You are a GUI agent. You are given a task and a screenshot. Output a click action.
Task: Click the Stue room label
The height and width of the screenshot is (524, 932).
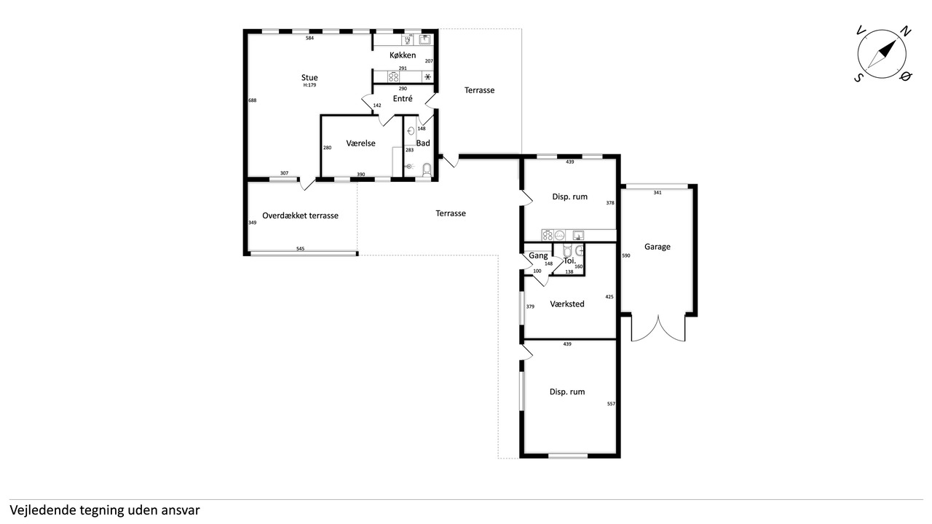pyautogui.click(x=309, y=77)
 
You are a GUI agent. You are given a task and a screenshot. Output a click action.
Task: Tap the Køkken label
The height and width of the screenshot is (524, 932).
pyautogui.click(x=403, y=55)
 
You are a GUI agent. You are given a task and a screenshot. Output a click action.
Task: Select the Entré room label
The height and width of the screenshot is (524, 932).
pyautogui.click(x=403, y=98)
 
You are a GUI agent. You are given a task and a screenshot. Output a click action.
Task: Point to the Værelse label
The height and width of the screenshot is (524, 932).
pyautogui.click(x=360, y=143)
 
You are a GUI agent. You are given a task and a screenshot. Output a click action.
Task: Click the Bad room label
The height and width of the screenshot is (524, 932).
pyautogui.click(x=423, y=143)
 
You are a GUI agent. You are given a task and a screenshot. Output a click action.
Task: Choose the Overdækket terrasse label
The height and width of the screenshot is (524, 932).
pyautogui.click(x=300, y=215)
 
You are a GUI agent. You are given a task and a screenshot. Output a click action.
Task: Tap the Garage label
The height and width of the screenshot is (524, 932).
pyautogui.click(x=657, y=247)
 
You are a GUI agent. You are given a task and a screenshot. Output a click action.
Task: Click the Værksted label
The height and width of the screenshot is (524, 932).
pyautogui.click(x=567, y=304)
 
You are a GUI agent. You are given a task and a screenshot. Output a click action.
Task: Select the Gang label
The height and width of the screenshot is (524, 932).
pyautogui.click(x=538, y=255)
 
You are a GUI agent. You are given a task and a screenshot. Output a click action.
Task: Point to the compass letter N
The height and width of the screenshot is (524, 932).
pyautogui.click(x=905, y=31)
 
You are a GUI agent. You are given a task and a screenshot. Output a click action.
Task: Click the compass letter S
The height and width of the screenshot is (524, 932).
pyautogui.click(x=858, y=77)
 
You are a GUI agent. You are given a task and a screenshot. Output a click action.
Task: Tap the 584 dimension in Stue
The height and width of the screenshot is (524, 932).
pyautogui.click(x=309, y=38)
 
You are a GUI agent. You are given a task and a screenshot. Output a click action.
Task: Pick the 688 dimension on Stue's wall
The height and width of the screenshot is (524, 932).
pyautogui.click(x=253, y=100)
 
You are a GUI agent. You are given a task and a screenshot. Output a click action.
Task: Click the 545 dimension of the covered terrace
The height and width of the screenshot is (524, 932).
pyautogui.click(x=301, y=249)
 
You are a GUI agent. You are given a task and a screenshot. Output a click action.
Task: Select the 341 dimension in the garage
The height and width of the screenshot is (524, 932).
pyautogui.click(x=657, y=193)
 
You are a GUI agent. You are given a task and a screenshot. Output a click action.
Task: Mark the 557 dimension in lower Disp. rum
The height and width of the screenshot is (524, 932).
pyautogui.click(x=611, y=404)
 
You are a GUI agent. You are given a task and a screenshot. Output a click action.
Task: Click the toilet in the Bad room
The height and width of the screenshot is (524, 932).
pyautogui.click(x=427, y=170)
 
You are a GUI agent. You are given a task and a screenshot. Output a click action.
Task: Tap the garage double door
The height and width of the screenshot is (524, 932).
pyautogui.click(x=658, y=327)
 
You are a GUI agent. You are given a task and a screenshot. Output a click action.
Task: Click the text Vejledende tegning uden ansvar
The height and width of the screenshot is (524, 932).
pyautogui.click(x=105, y=510)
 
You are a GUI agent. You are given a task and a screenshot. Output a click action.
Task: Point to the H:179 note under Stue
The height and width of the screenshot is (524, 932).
pyautogui.click(x=309, y=85)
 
